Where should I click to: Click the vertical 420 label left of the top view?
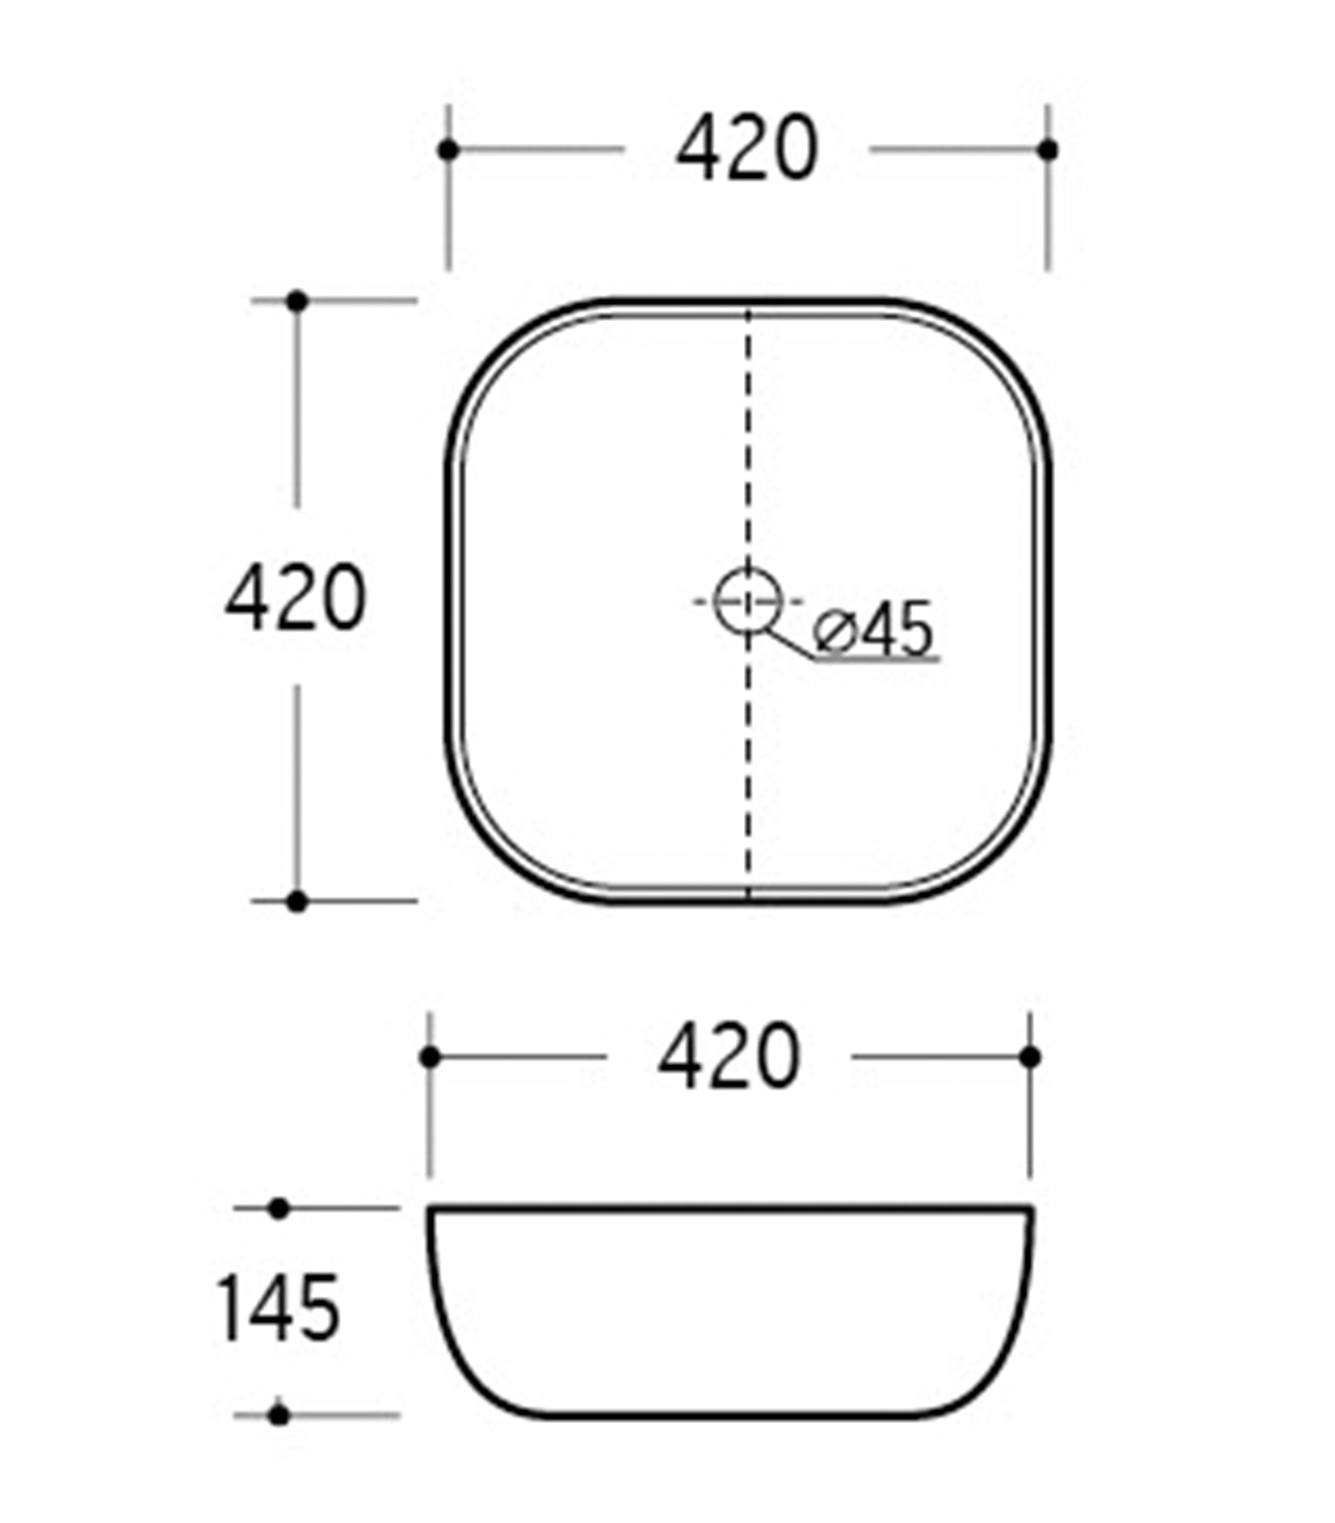tap(296, 597)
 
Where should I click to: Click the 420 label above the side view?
tap(728, 1056)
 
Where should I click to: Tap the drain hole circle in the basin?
tap(748, 601)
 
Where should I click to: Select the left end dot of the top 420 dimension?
tap(448, 150)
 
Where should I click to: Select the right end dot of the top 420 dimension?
tap(1048, 150)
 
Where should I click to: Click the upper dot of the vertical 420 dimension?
tap(297, 302)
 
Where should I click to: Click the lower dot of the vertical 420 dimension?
tap(297, 902)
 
